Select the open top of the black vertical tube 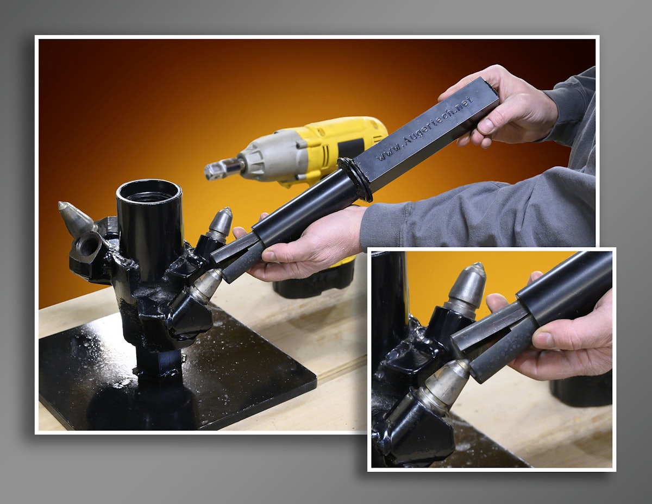[149, 191]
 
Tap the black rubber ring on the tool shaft [356, 179]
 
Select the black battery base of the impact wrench [315, 280]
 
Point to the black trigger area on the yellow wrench [350, 148]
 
